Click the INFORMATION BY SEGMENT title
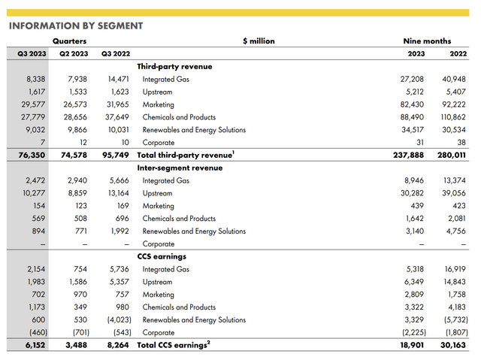tap(75, 25)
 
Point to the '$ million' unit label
tap(259, 41)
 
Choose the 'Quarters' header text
tap(69, 41)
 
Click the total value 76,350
tap(29, 155)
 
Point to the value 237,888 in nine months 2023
tap(401, 155)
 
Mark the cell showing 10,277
tap(30, 193)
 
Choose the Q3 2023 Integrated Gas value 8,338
tap(32, 79)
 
